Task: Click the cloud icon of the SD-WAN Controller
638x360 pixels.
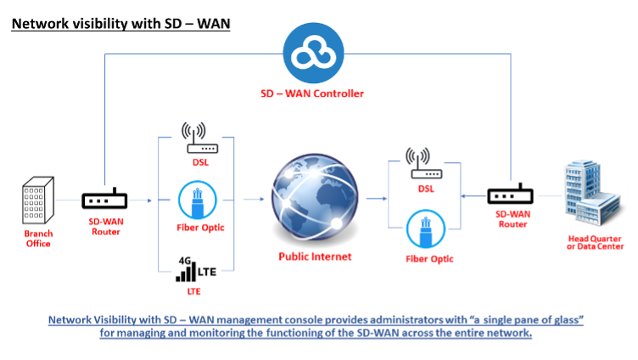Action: point(313,53)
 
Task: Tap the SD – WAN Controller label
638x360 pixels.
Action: point(312,93)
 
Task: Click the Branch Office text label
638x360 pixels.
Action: point(37,239)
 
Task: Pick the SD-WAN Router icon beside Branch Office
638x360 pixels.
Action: point(104,201)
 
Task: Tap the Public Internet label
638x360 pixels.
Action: point(314,256)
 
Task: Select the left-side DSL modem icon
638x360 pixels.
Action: point(194,135)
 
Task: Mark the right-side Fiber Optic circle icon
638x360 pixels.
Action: point(421,231)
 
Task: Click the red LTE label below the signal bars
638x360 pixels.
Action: point(194,291)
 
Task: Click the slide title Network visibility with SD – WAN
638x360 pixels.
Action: point(120,23)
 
